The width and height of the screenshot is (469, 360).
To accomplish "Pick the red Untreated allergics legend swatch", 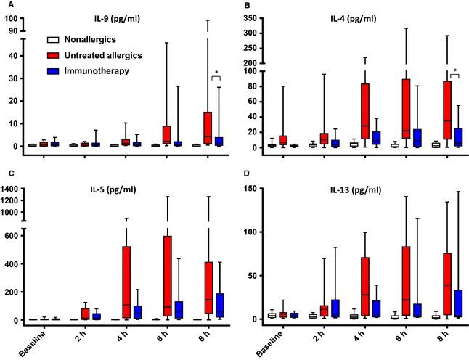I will (x=52, y=55).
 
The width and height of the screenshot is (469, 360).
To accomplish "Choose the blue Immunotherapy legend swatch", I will (x=52, y=70).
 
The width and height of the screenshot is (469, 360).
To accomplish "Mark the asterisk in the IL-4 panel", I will (x=454, y=71).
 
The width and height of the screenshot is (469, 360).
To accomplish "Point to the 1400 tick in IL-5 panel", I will (x=13, y=189).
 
